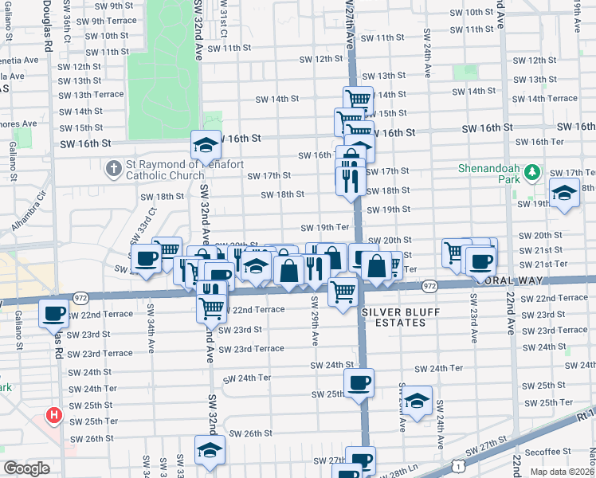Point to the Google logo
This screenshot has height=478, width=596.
tap(26, 468)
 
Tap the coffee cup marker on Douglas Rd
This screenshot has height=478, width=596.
tap(54, 314)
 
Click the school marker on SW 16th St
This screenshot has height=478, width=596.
tap(206, 145)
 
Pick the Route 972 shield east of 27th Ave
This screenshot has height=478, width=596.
tap(429, 285)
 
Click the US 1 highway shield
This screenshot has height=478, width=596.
tap(457, 464)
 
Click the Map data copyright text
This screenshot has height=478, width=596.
tap(562, 472)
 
